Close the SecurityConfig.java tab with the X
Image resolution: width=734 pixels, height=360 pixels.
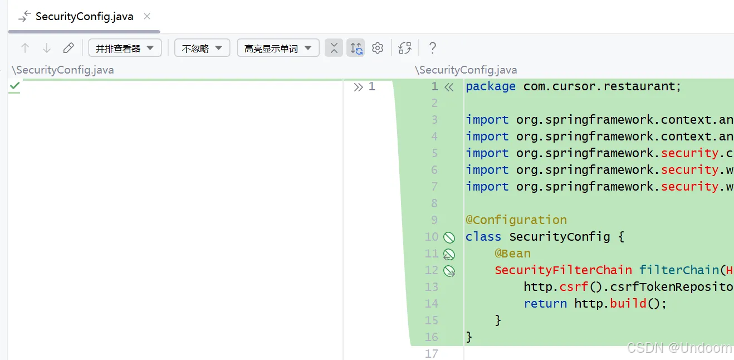pyautogui.click(x=147, y=16)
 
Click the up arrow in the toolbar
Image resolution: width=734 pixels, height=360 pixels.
pyautogui.click(x=25, y=48)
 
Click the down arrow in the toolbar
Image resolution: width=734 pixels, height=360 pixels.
pyautogui.click(x=47, y=48)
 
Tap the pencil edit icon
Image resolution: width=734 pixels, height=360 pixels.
pyautogui.click(x=68, y=48)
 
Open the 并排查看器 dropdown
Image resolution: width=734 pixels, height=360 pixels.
pyautogui.click(x=125, y=48)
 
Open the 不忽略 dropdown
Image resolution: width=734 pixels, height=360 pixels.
pyautogui.click(x=202, y=48)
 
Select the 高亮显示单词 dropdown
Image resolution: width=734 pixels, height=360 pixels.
pyautogui.click(x=278, y=48)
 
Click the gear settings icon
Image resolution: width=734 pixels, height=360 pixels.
pyautogui.click(x=378, y=48)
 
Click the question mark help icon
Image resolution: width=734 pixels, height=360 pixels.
pyautogui.click(x=433, y=48)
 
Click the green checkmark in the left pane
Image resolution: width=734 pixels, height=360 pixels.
pyautogui.click(x=14, y=86)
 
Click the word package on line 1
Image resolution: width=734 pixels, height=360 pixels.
pyautogui.click(x=491, y=86)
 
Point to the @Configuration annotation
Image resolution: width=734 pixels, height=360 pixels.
pyautogui.click(x=516, y=220)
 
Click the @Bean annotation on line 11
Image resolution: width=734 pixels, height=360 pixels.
pyautogui.click(x=512, y=254)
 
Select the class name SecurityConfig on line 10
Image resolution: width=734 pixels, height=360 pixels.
pyautogui.click(x=560, y=237)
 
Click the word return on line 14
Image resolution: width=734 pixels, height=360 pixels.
pyautogui.click(x=545, y=304)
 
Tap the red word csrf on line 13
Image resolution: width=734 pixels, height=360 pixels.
pyautogui.click(x=574, y=287)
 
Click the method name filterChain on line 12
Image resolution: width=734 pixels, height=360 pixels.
pyautogui.click(x=679, y=270)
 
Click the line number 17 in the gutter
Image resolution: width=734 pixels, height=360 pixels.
pyautogui.click(x=431, y=354)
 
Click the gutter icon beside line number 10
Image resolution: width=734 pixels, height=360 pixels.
pyautogui.click(x=449, y=237)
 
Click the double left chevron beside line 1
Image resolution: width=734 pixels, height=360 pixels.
pyautogui.click(x=449, y=87)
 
